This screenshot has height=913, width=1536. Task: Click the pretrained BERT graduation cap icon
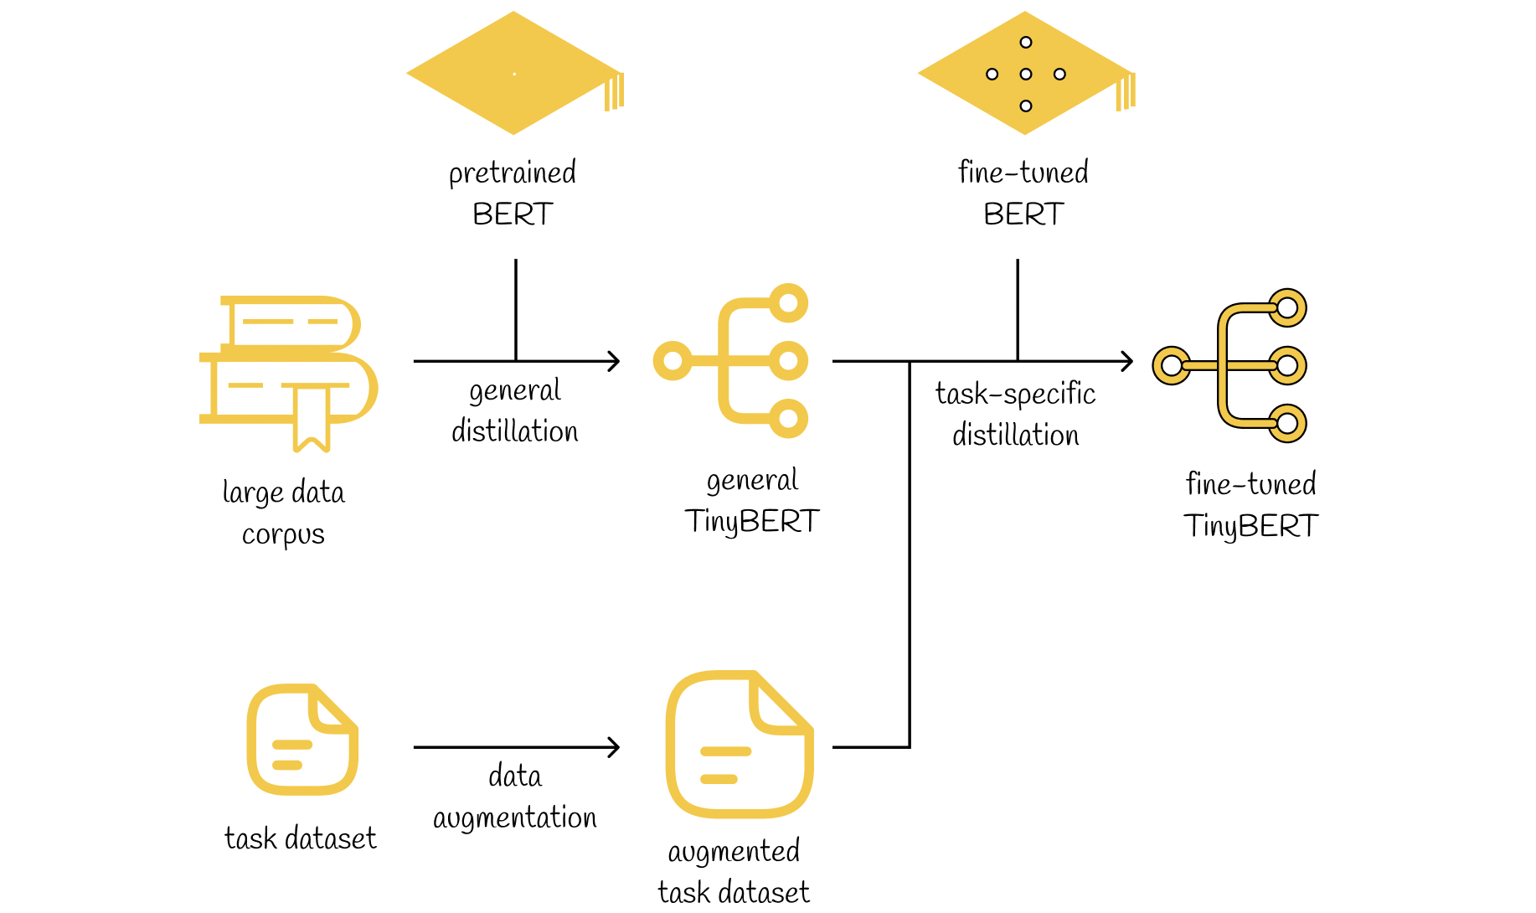pyautogui.click(x=514, y=73)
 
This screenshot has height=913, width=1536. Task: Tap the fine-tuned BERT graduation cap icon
pyautogui.click(x=1025, y=73)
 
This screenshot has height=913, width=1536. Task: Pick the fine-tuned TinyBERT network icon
pyautogui.click(x=1229, y=365)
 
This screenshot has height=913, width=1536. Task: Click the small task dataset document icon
pyautogui.click(x=302, y=740)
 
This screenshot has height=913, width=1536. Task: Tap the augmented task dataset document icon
pyautogui.click(x=740, y=744)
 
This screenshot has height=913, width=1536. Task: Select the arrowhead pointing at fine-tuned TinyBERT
pyautogui.click(x=1128, y=361)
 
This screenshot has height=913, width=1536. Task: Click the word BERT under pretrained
pyautogui.click(x=513, y=214)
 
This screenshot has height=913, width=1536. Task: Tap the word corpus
pyautogui.click(x=283, y=534)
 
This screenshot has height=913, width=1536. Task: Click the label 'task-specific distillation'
pyautogui.click(x=1015, y=414)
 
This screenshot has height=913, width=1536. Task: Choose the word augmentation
pyautogui.click(x=515, y=818)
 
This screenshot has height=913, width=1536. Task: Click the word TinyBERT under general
pyautogui.click(x=751, y=522)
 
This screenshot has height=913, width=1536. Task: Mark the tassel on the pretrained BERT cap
pyautogui.click(x=615, y=92)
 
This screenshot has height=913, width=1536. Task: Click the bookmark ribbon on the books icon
pyautogui.click(x=312, y=419)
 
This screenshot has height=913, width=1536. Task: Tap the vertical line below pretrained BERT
pyautogui.click(x=516, y=310)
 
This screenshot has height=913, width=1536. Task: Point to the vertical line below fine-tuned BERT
pyautogui.click(x=1018, y=310)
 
